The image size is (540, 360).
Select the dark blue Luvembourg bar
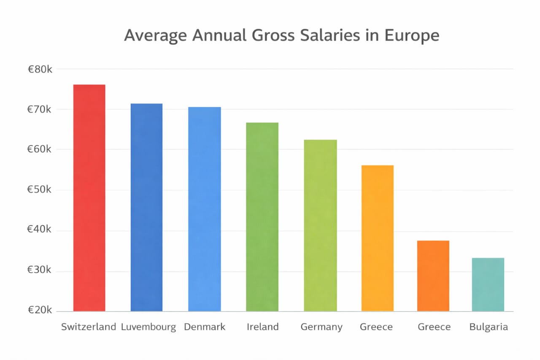[x=146, y=207]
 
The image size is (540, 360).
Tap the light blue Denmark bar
[x=204, y=209]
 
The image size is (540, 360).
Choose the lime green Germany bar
[x=320, y=225]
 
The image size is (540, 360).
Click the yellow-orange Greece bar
[x=377, y=238]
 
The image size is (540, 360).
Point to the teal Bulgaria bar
[x=488, y=284]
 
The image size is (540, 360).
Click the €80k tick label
[x=40, y=69]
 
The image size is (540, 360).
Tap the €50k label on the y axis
[x=40, y=190]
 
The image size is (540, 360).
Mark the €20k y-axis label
[x=40, y=311]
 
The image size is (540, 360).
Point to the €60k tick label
[x=40, y=149]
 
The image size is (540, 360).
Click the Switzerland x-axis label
[x=89, y=327]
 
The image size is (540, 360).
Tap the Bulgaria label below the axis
[x=489, y=327]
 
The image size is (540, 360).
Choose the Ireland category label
[x=262, y=327]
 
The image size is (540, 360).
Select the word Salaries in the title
[x=324, y=35]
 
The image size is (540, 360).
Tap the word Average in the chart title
[x=155, y=36]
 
